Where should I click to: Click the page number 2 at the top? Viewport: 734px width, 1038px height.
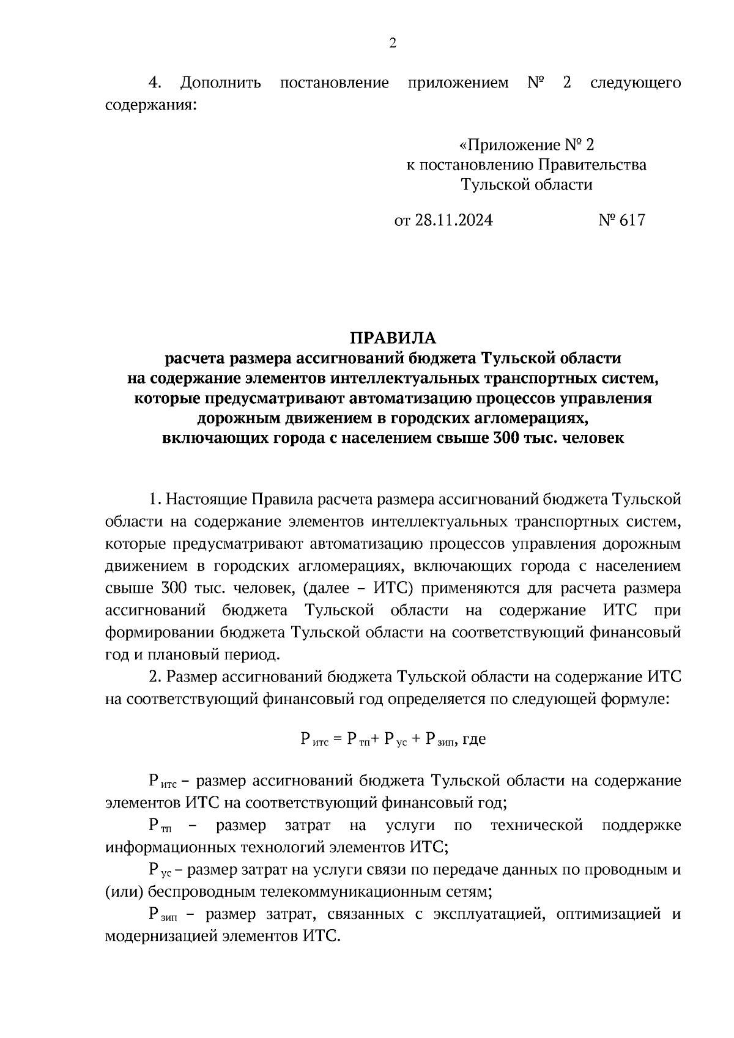[x=393, y=43]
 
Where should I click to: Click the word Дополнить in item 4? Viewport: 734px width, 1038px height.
[x=221, y=83]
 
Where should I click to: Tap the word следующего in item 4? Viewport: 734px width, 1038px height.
[x=636, y=83]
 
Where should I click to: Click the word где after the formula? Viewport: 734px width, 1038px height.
[x=474, y=739]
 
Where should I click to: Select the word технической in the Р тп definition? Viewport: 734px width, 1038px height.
[x=536, y=826]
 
